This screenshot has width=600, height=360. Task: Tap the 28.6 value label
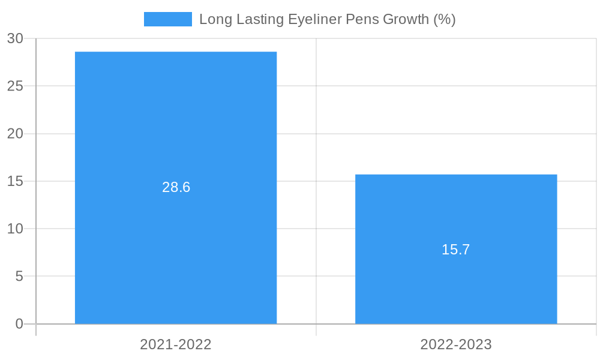click(176, 187)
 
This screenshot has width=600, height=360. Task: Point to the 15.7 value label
click(456, 250)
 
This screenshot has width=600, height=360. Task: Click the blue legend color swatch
click(167, 19)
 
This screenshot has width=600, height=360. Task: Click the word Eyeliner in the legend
click(314, 19)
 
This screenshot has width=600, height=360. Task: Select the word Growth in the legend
click(406, 19)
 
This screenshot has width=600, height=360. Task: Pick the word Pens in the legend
click(362, 19)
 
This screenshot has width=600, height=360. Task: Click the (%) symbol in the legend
click(445, 19)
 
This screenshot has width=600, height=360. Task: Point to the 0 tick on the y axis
click(19, 324)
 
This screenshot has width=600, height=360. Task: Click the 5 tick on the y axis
click(19, 277)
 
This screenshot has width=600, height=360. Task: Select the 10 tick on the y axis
click(15, 229)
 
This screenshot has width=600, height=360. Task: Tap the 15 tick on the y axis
click(15, 181)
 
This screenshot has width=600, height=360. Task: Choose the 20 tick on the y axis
click(15, 134)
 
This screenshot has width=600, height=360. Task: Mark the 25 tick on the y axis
click(15, 86)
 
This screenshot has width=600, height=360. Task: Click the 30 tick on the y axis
click(15, 38)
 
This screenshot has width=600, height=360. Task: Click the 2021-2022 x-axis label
click(176, 344)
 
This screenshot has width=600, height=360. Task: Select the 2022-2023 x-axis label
click(456, 344)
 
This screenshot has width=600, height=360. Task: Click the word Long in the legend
click(213, 19)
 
